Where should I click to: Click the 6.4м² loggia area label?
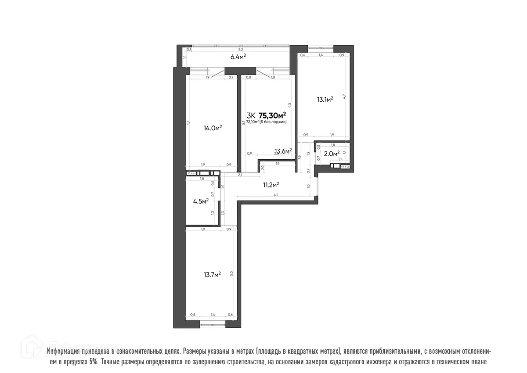(238, 57)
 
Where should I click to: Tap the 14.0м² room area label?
(212, 128)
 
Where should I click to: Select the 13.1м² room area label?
(325, 100)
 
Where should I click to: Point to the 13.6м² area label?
(283, 151)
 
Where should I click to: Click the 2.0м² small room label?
(332, 154)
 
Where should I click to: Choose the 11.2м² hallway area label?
(271, 185)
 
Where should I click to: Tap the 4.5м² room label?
(200, 202)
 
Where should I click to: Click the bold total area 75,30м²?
(272, 115)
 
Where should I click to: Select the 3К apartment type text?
(251, 115)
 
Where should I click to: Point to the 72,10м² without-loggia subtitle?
(266, 122)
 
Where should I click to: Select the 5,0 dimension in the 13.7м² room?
(231, 273)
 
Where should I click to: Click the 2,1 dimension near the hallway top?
(240, 175)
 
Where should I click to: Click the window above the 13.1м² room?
(321, 48)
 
